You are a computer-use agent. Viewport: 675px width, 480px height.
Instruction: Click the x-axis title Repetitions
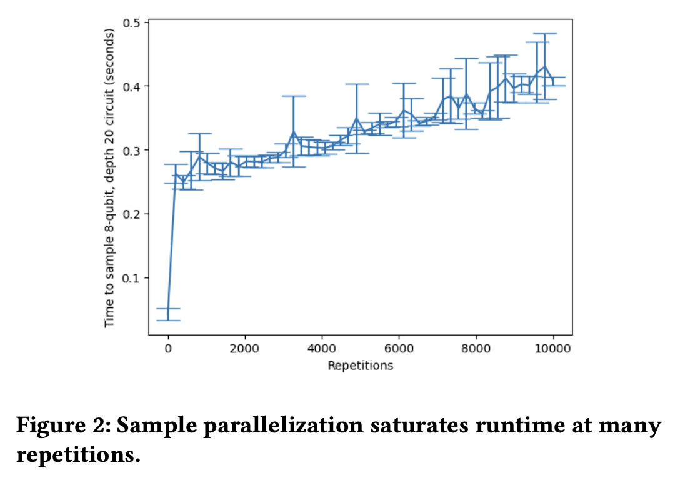pyautogui.click(x=361, y=366)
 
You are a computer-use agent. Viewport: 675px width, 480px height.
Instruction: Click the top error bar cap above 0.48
pyautogui.click(x=545, y=34)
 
